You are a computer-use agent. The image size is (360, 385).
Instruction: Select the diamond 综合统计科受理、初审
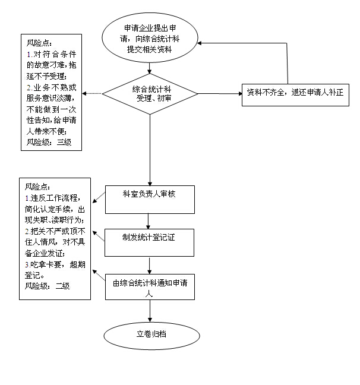[x=150, y=93]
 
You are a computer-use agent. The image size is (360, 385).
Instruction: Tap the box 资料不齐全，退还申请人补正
[x=295, y=93]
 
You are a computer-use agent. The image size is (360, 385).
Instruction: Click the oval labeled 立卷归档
[x=151, y=334]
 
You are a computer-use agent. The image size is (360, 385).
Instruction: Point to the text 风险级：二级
[x=47, y=286]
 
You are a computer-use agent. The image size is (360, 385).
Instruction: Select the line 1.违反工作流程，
[x=52, y=198]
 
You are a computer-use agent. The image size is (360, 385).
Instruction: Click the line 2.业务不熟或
[x=52, y=87]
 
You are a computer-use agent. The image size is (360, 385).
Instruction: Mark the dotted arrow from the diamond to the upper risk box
[x=93, y=93]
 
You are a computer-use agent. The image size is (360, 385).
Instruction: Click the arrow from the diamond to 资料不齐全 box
[x=220, y=93]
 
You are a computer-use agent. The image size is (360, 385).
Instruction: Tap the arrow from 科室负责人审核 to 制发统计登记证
[x=149, y=220]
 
